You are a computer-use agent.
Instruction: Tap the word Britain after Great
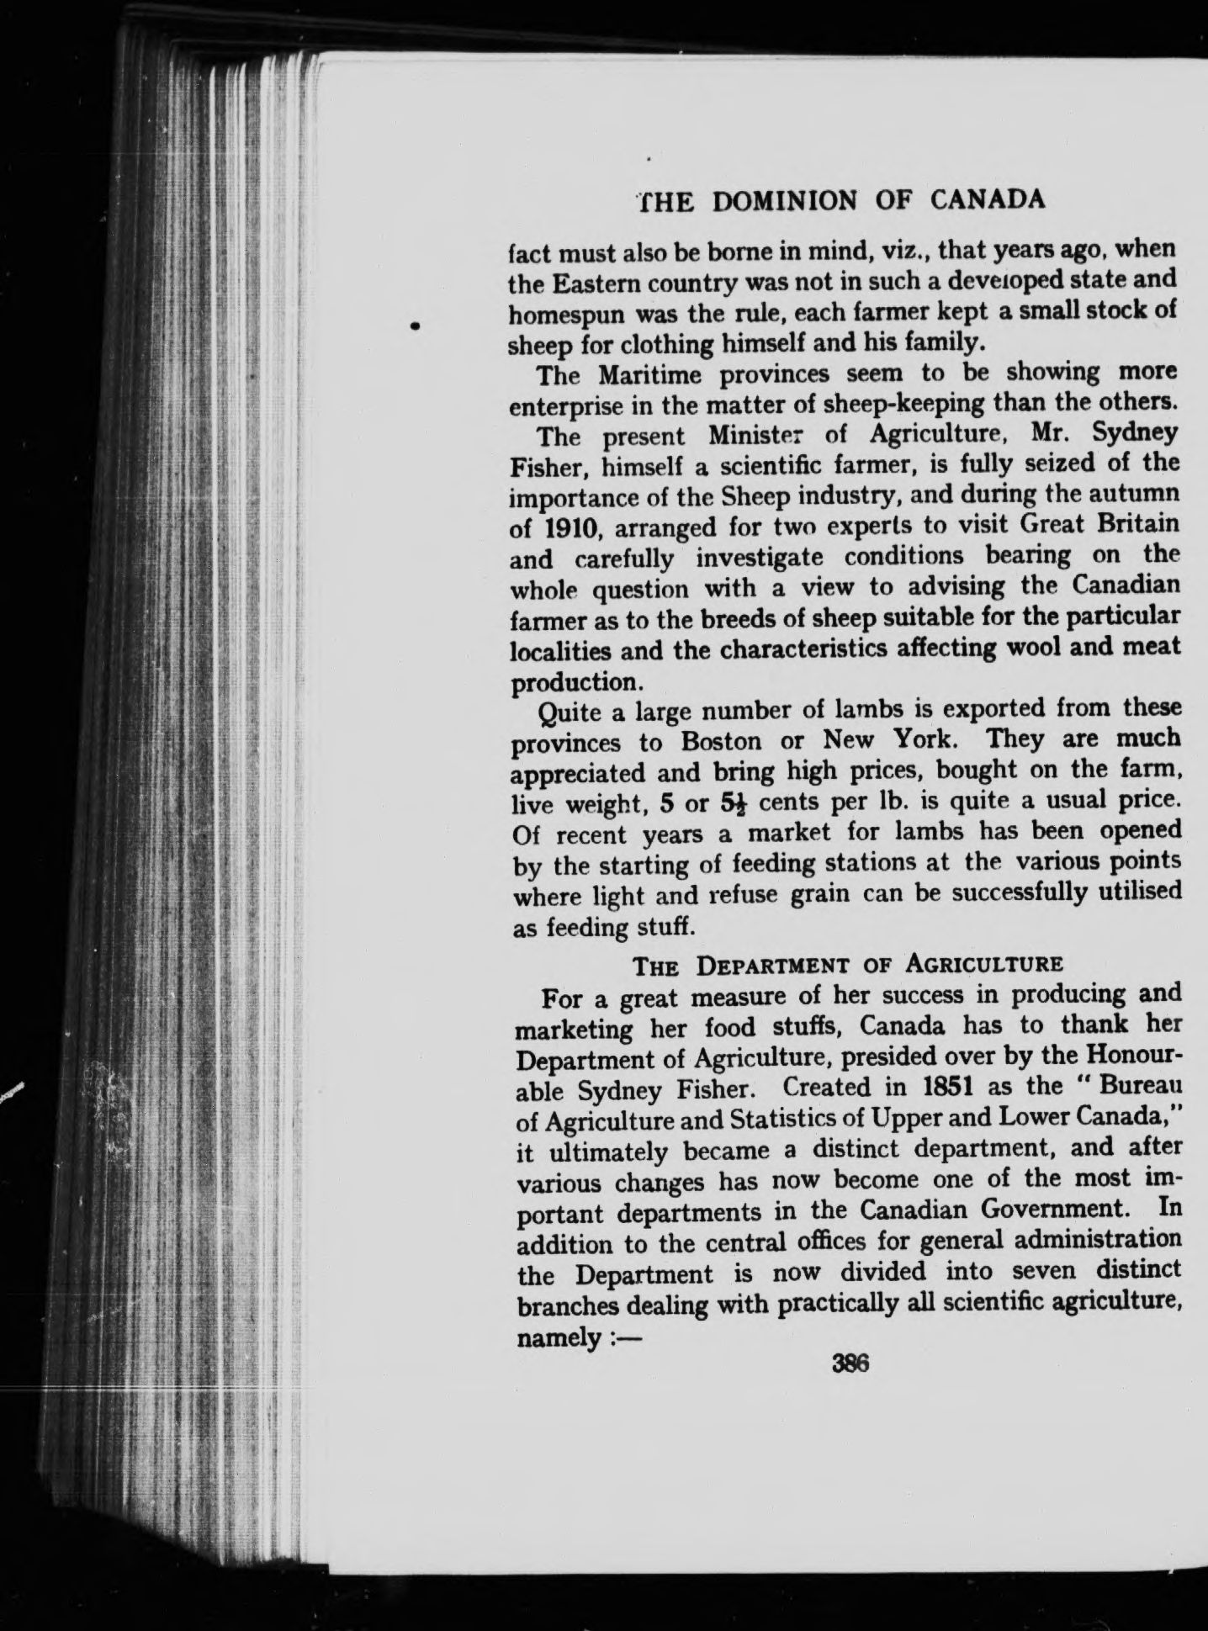coord(1133,524)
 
